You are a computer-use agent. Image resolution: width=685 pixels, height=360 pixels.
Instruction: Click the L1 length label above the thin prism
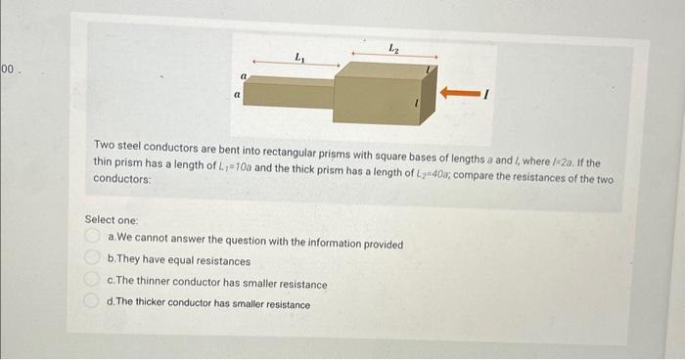(299, 58)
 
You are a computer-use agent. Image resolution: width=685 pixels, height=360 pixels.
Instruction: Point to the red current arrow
(460, 93)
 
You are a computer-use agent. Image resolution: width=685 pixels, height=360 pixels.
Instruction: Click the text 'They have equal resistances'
(184, 261)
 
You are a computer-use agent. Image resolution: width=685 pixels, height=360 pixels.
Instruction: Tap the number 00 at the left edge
(8, 69)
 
